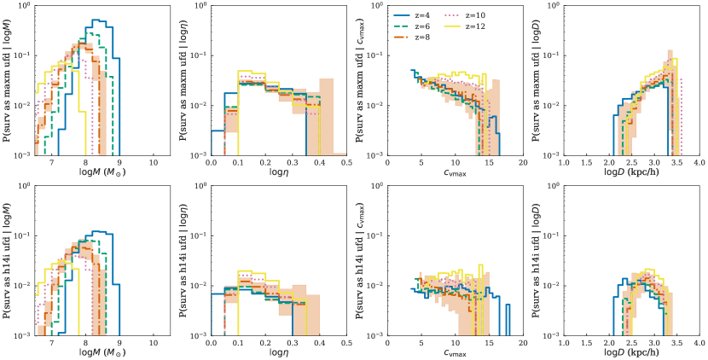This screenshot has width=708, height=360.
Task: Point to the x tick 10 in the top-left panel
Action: pyautogui.click(x=153, y=163)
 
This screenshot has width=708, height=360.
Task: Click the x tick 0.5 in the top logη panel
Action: pyautogui.click(x=344, y=163)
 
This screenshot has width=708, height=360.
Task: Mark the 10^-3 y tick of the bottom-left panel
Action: pyautogui.click(x=26, y=335)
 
